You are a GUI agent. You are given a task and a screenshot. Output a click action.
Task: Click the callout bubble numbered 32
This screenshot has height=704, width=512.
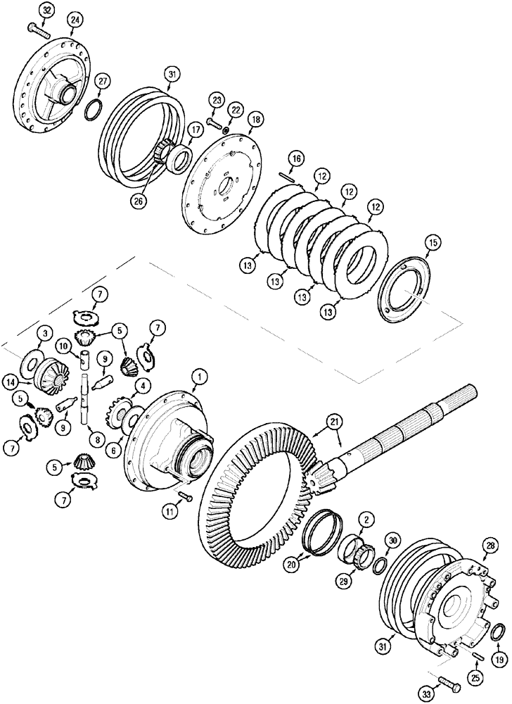[x=46, y=11]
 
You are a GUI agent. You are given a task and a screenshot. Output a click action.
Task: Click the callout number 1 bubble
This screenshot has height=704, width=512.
[x=200, y=379]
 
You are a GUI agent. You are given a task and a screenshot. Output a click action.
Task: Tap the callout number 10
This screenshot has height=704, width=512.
[x=63, y=346]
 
